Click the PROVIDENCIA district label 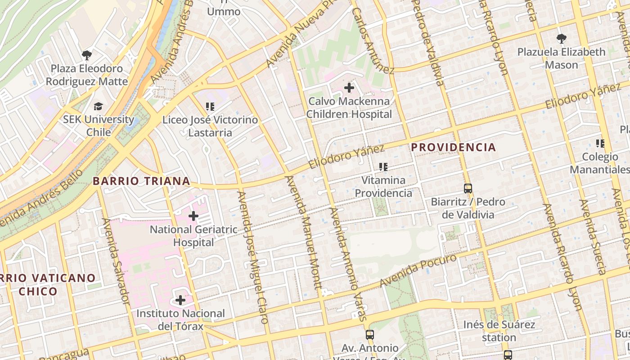(x=454, y=147)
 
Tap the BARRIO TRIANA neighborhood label (x=141, y=181)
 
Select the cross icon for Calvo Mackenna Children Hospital (x=349, y=88)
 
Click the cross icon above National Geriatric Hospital (x=193, y=216)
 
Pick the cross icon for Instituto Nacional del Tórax (x=180, y=300)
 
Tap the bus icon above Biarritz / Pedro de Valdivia (x=468, y=188)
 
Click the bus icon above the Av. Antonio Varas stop (x=370, y=334)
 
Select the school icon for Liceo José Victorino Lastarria (x=210, y=107)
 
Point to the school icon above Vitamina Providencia (x=383, y=167)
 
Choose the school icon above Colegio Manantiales (x=600, y=144)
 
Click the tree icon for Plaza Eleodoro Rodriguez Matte (x=86, y=55)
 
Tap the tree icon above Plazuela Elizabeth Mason (x=561, y=39)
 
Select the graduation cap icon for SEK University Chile (x=98, y=106)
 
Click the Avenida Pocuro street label (x=418, y=270)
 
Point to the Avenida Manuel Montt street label (x=305, y=232)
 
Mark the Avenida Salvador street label (x=116, y=261)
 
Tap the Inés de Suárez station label (x=499, y=331)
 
